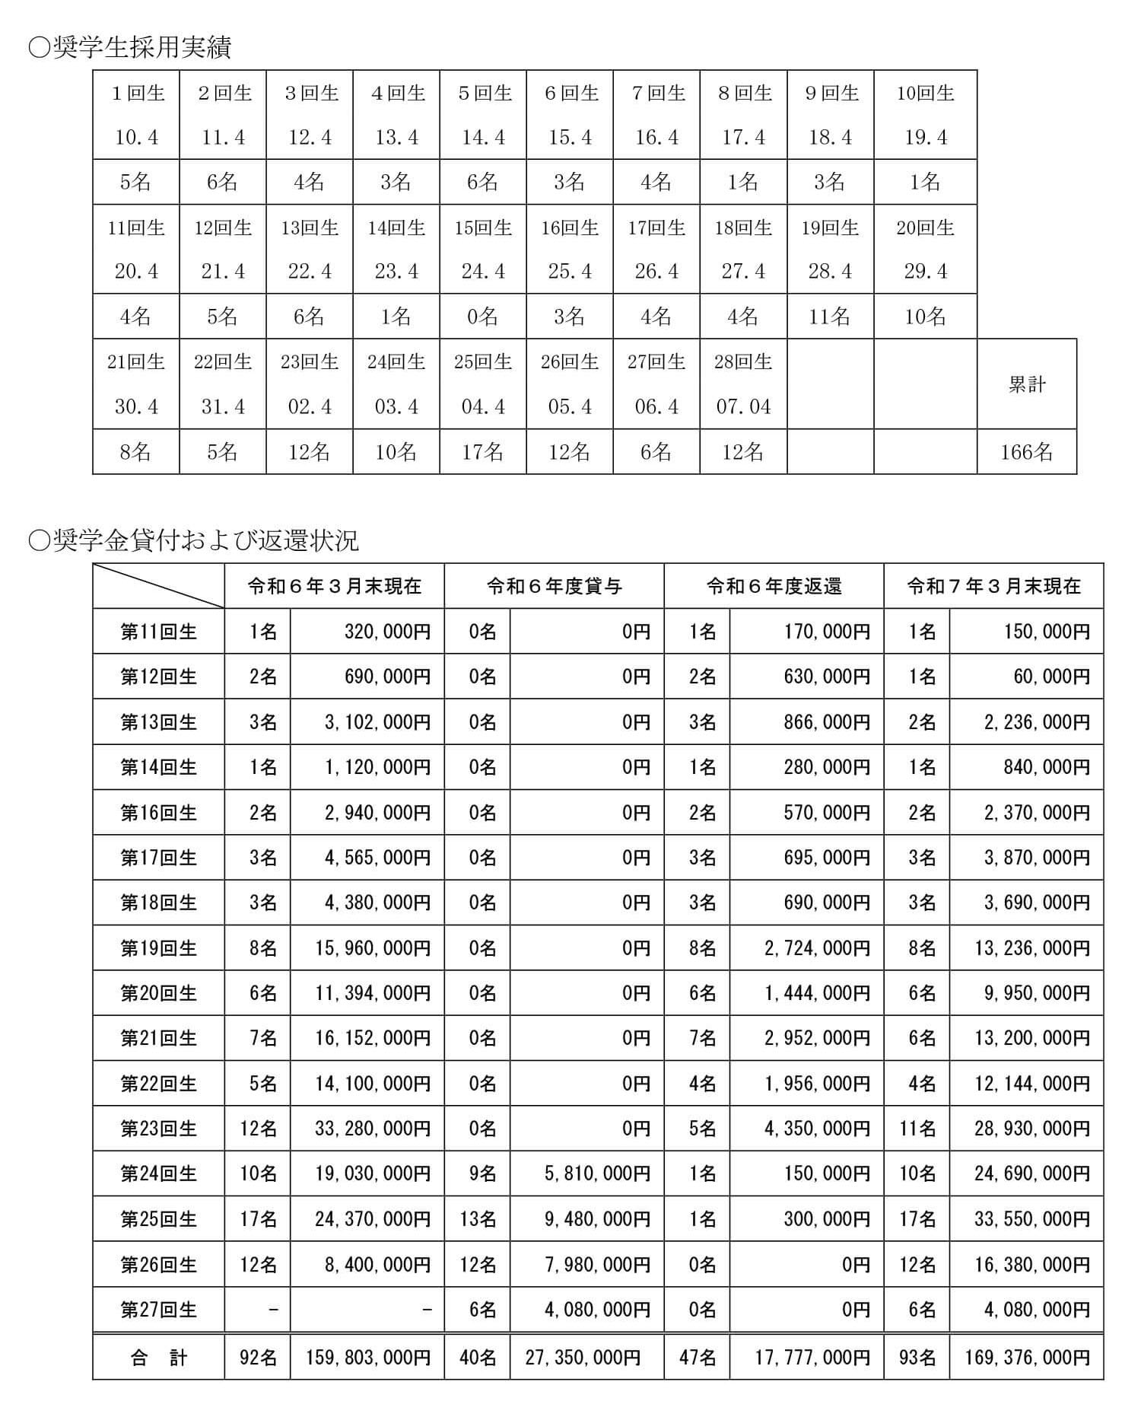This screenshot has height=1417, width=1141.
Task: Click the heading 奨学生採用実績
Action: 129,47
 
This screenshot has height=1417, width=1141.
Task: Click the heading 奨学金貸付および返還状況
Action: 193,540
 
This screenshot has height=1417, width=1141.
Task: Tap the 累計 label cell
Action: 1026,384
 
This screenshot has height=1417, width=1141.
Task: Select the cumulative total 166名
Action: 1026,452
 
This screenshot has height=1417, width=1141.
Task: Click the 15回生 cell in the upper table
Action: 483,228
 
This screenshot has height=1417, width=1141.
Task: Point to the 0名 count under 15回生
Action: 483,317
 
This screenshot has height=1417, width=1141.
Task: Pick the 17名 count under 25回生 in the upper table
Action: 483,452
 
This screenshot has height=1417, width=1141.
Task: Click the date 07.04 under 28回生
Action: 743,406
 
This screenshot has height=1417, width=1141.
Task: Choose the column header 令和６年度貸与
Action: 554,586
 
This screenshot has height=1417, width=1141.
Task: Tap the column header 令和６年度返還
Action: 774,586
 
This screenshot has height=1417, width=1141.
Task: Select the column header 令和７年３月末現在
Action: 993,586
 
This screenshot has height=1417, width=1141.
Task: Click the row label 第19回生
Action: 158,948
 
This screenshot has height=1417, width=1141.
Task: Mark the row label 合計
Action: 158,1358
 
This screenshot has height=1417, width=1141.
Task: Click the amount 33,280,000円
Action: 373,1129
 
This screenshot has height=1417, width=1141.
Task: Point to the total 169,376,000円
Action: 1027,1358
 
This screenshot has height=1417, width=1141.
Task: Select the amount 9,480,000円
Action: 597,1219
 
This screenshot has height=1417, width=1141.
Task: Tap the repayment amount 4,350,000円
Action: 817,1129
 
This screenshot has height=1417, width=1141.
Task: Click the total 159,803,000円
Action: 368,1358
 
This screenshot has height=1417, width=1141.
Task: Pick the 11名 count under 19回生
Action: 830,317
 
